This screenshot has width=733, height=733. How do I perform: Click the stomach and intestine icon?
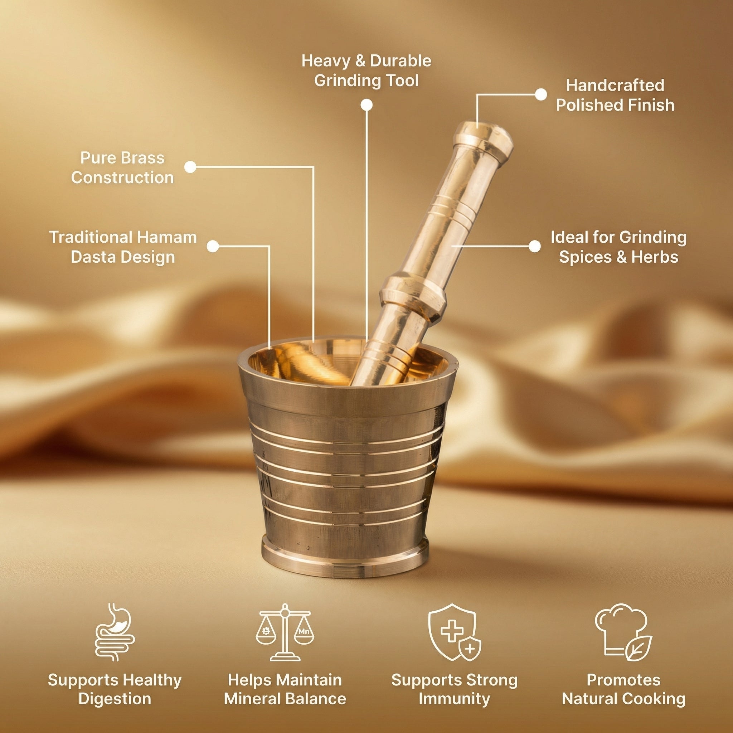coord(115,632)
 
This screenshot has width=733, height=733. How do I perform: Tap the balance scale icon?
coord(285,632)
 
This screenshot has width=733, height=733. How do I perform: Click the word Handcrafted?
coord(615,86)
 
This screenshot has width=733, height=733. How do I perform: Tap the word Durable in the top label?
coord(400,61)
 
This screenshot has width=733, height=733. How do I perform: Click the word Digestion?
coord(115,699)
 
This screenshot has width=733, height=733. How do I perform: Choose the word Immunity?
coord(454,699)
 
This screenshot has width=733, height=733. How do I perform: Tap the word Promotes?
coord(623,680)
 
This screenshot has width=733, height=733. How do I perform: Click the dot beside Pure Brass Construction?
coord(190,167)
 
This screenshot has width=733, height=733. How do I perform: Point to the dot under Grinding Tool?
coord(366,105)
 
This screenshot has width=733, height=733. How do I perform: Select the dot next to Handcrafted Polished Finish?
coord(541,94)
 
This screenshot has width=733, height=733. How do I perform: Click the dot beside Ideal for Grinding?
coord(535,246)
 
